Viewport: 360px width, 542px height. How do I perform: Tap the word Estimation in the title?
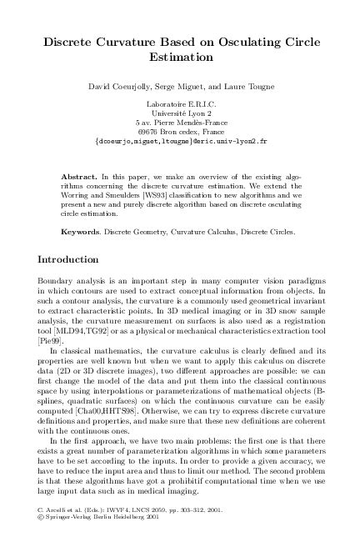coord(181,58)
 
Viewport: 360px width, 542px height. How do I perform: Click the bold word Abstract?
coord(80,178)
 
